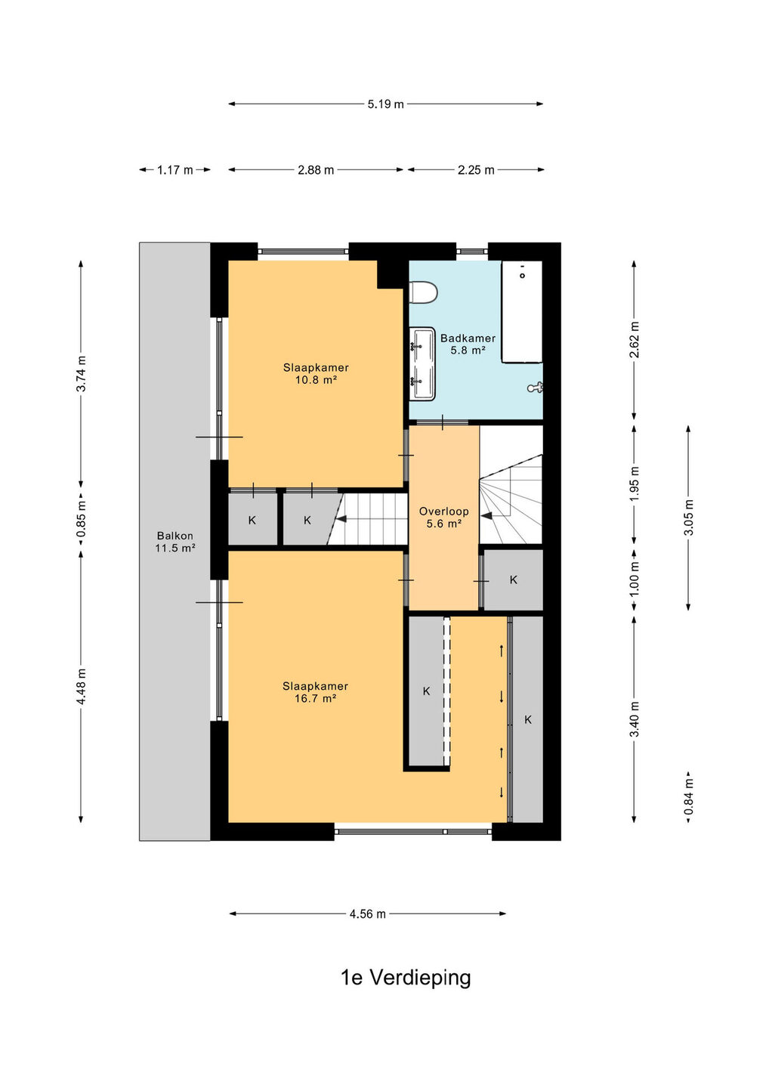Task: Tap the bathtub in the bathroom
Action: click(x=522, y=311)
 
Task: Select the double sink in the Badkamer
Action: click(x=422, y=364)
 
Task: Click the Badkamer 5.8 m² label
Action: click(x=468, y=344)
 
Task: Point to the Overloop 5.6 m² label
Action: click(x=443, y=517)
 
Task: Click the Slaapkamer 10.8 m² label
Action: click(x=316, y=373)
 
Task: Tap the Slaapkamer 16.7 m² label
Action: click(x=316, y=692)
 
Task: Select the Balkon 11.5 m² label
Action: click(x=174, y=542)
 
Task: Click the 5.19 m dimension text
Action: click(x=385, y=104)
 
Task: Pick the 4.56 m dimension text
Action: click(x=368, y=914)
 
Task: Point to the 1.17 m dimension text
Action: click(x=174, y=170)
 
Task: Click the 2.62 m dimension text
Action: click(x=634, y=339)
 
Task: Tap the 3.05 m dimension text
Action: click(x=688, y=517)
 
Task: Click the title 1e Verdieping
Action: click(x=406, y=978)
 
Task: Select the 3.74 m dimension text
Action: click(x=81, y=373)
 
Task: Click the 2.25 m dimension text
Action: click(x=476, y=170)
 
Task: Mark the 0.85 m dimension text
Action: click(x=81, y=519)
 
